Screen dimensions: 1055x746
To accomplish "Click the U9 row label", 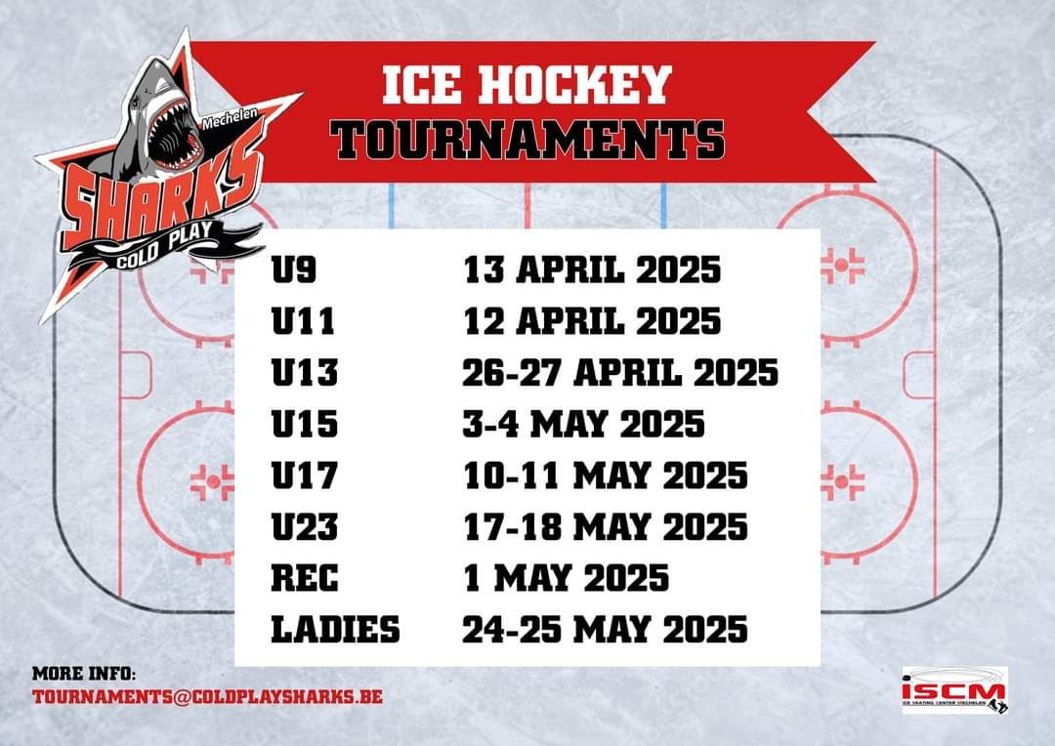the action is [293, 269].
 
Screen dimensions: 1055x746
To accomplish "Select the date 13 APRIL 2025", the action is [591, 269].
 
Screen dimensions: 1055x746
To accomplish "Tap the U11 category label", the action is [303, 321].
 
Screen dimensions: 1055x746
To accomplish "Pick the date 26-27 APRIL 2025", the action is [619, 373].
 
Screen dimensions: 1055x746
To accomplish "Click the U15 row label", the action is [304, 424].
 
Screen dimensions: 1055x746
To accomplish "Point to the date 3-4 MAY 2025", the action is [583, 424].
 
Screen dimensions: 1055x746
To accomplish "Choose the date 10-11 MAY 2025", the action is [605, 476].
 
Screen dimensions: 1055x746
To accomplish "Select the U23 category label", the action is [304, 526].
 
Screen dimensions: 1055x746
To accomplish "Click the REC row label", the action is [304, 578].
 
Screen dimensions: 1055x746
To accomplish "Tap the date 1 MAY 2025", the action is [566, 578].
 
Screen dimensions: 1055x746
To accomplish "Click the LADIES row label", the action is [335, 630].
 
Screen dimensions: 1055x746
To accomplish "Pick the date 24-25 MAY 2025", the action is [605, 630].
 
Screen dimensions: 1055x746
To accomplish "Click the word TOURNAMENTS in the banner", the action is [527, 140].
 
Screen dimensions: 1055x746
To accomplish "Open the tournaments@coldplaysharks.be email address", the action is [207, 696].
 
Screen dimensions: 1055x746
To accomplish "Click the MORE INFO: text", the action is [83, 674].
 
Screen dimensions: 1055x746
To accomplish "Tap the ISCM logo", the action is [954, 690].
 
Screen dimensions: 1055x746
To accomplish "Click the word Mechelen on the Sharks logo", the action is [230, 119].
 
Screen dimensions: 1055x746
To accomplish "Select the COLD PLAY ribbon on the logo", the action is [165, 245].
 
